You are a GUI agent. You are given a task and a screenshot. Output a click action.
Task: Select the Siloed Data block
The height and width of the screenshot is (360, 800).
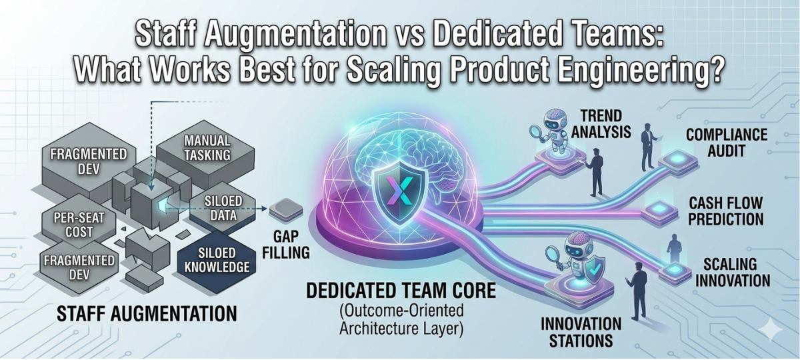click(217, 208)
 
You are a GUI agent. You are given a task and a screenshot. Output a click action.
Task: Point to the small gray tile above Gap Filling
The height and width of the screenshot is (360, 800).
click(285, 211)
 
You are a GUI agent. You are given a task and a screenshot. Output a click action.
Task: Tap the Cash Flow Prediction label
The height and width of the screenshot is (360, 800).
click(726, 211)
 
